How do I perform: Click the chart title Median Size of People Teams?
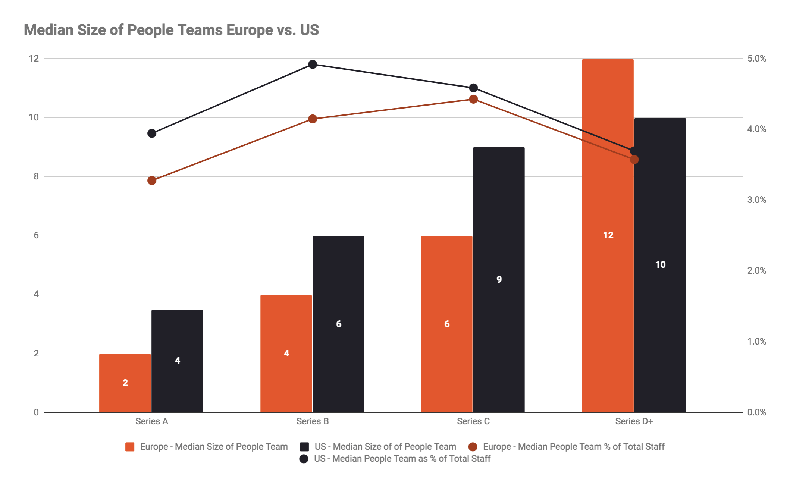pyautogui.click(x=171, y=30)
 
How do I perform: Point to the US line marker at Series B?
pyautogui.click(x=313, y=65)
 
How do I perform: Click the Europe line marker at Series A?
pyautogui.click(x=152, y=180)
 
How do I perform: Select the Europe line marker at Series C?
pyautogui.click(x=473, y=99)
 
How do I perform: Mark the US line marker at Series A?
pyautogui.click(x=152, y=133)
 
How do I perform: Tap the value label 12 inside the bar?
pyautogui.click(x=608, y=235)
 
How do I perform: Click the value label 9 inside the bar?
pyautogui.click(x=499, y=279)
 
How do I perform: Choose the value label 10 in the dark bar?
pyautogui.click(x=660, y=265)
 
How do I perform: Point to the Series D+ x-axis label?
pyautogui.click(x=634, y=421)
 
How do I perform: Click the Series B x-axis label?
pyautogui.click(x=312, y=421)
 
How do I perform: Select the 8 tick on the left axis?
pyautogui.click(x=36, y=176)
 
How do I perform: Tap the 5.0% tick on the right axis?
pyautogui.click(x=756, y=59)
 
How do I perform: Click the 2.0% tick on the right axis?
pyautogui.click(x=756, y=271)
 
